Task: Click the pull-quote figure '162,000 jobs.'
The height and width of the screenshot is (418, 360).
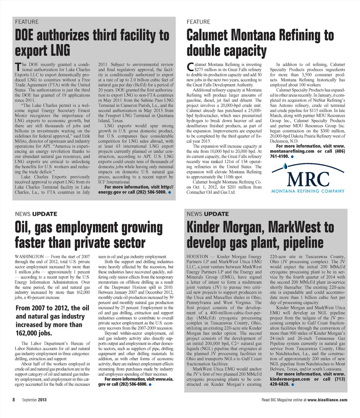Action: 34,333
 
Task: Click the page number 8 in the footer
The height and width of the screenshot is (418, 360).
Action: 13,399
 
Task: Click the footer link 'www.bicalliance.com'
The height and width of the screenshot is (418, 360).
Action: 327,400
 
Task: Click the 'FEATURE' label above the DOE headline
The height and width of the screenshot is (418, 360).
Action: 26,22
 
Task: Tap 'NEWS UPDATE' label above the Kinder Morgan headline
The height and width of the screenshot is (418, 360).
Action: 207,214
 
